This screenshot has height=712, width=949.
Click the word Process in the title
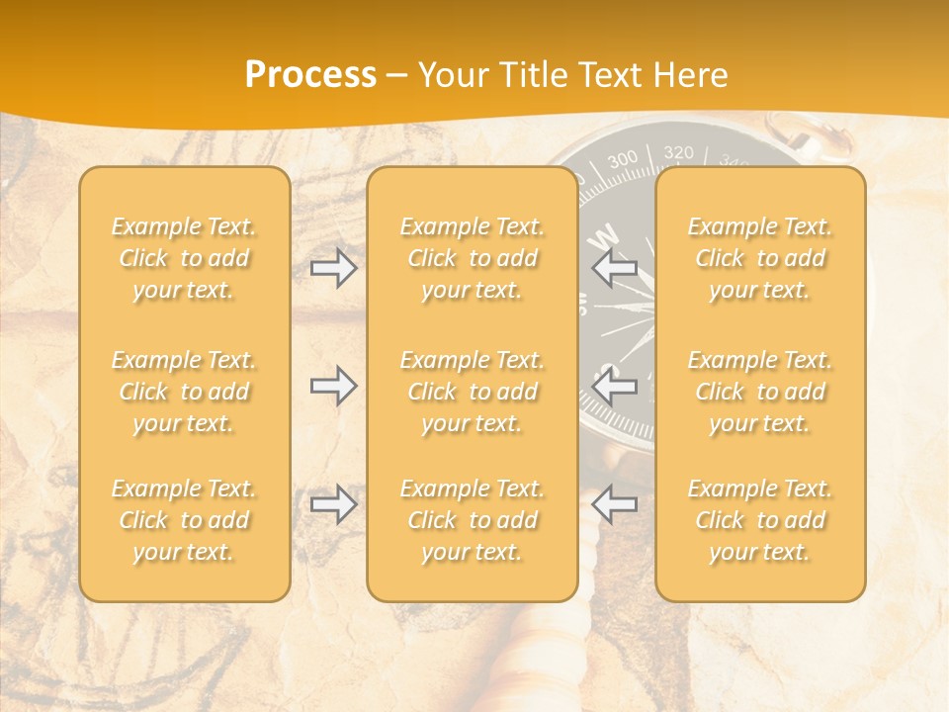[310, 75]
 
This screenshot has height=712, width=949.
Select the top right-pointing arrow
[333, 268]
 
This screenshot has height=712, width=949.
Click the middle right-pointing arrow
[333, 386]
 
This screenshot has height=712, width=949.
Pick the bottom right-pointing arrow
[333, 504]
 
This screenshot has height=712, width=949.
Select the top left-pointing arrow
[615, 268]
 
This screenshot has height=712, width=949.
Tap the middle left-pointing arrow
[615, 386]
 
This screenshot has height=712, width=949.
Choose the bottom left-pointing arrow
[615, 504]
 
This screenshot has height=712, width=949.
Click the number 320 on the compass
[678, 152]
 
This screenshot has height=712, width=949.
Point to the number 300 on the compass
[623, 160]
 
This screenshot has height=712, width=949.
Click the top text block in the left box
[184, 258]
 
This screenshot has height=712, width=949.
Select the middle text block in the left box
[184, 392]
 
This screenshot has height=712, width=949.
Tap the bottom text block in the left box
[184, 520]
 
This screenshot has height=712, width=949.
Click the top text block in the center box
[473, 258]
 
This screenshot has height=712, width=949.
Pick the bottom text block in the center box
[473, 520]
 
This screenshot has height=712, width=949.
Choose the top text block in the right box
[760, 258]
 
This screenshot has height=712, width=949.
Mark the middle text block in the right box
[760, 392]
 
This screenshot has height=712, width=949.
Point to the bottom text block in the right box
[760, 520]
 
